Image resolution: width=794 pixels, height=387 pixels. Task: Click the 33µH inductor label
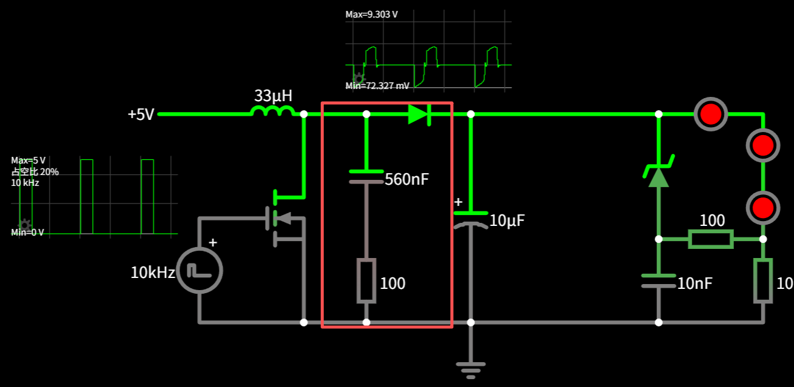click(x=273, y=96)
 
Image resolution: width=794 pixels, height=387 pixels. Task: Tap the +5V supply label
click(x=141, y=114)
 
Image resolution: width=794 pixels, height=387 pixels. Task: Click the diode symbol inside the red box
click(x=419, y=114)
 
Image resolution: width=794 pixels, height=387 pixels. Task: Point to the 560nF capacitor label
click(x=407, y=179)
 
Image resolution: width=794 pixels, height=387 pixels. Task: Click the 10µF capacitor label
click(x=506, y=221)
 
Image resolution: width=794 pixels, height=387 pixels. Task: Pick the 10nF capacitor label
click(x=695, y=283)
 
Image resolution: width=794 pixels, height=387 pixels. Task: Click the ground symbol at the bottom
click(x=471, y=368)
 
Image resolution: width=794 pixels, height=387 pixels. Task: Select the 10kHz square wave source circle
click(x=200, y=271)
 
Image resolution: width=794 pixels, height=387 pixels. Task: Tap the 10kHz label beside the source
click(x=153, y=273)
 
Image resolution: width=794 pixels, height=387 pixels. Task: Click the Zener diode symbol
click(x=658, y=174)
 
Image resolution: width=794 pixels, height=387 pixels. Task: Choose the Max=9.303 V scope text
click(x=372, y=14)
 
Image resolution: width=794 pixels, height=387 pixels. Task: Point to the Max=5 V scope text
click(x=28, y=160)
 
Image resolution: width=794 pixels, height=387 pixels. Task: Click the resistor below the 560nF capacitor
click(x=366, y=280)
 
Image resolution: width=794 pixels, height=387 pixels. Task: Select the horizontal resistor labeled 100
click(x=711, y=239)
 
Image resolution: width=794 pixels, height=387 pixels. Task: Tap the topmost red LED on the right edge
click(x=762, y=145)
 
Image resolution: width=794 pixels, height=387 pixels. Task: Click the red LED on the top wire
click(x=710, y=114)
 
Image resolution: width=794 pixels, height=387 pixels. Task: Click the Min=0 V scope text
click(x=27, y=233)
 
